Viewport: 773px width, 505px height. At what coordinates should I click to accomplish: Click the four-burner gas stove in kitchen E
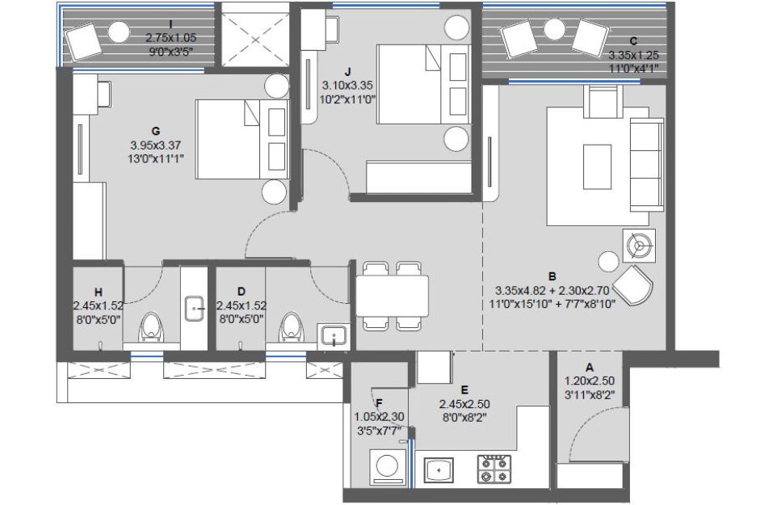(493, 469)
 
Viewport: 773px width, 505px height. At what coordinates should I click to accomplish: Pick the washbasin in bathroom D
(334, 336)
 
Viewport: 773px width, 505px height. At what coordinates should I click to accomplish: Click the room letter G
(156, 131)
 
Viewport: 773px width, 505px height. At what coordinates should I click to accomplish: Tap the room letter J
(349, 72)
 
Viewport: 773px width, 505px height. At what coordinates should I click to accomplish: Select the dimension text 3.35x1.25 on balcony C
(633, 55)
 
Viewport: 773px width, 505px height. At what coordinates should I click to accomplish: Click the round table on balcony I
(119, 33)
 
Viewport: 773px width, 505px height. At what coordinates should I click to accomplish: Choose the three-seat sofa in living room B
(646, 165)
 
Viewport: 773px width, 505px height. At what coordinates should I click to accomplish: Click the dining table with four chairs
(392, 296)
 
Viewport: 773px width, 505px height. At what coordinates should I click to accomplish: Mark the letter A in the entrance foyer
(589, 368)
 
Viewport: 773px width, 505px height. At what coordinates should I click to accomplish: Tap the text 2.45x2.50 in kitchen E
(464, 404)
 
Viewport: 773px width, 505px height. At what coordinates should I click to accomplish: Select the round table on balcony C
(555, 30)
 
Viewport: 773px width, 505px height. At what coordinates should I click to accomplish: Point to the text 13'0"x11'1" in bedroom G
(155, 159)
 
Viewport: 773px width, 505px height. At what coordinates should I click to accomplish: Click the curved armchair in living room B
(634, 285)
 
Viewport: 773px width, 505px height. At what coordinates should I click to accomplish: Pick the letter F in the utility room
(379, 404)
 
